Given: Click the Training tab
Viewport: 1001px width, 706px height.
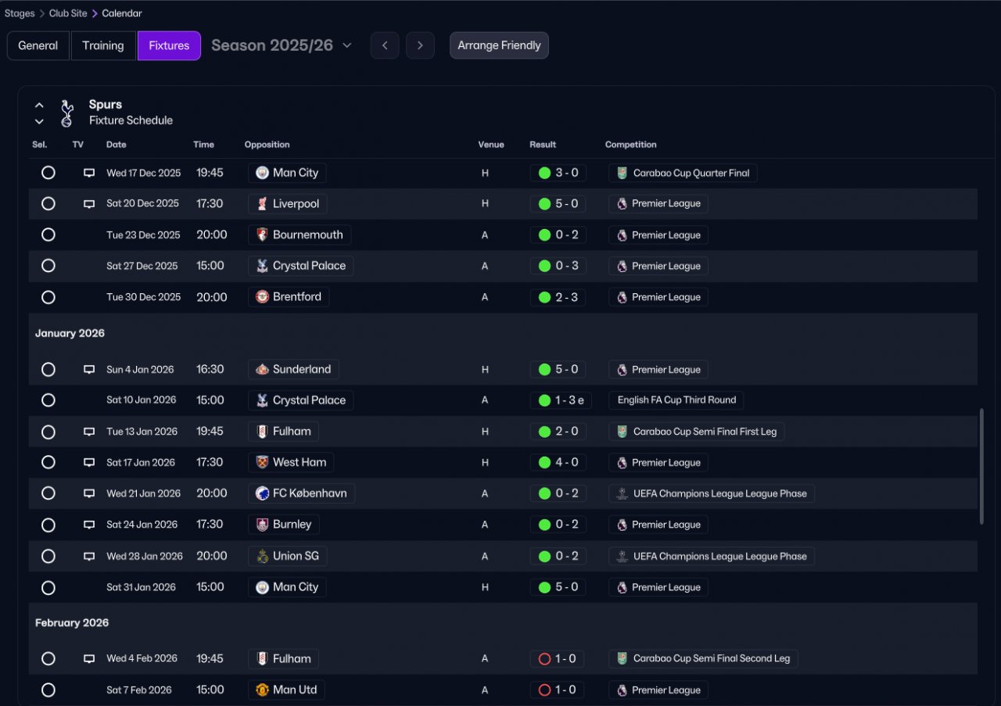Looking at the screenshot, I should [x=103, y=45].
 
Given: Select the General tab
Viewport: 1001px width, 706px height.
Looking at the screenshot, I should [x=38, y=45].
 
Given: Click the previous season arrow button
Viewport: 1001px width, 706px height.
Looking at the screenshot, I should [x=385, y=45].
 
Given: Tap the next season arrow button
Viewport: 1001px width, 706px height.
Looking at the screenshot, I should [x=420, y=45].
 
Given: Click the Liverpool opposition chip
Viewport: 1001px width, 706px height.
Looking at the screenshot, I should [x=287, y=204].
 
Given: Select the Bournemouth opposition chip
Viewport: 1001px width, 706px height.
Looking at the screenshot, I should [x=300, y=235].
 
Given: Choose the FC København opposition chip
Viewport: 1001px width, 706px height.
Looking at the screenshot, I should [x=301, y=493].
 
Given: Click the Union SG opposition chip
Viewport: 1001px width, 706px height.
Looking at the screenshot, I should [x=287, y=556].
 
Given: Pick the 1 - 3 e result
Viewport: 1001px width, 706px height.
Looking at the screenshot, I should [x=561, y=400].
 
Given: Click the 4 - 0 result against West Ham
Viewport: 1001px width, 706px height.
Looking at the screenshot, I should [x=558, y=463].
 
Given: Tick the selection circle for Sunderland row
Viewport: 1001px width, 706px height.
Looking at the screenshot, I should [x=48, y=369].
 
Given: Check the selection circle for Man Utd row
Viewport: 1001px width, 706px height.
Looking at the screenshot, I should [x=48, y=690].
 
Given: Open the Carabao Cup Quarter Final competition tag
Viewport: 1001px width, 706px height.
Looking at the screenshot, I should [x=683, y=173].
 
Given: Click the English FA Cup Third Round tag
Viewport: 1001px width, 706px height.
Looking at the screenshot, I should [x=676, y=400].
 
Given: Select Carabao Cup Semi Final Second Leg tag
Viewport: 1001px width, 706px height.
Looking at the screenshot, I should [x=703, y=659].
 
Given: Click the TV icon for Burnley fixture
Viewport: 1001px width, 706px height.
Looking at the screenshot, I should [x=89, y=525].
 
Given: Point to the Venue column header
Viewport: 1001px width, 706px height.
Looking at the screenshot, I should [x=491, y=145].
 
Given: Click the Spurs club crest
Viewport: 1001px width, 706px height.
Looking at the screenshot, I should [x=67, y=113].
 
